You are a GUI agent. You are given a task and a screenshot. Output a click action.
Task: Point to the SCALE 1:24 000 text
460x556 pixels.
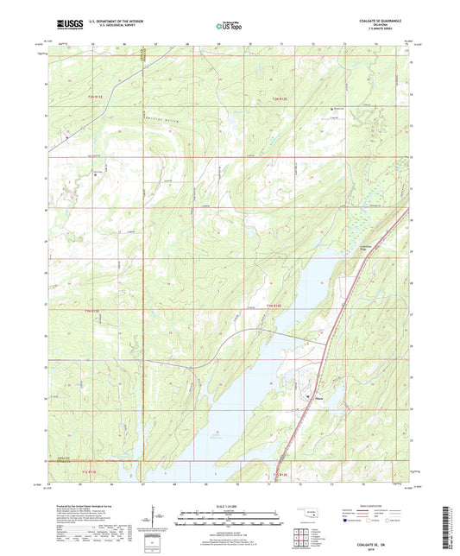[x=230, y=504]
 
